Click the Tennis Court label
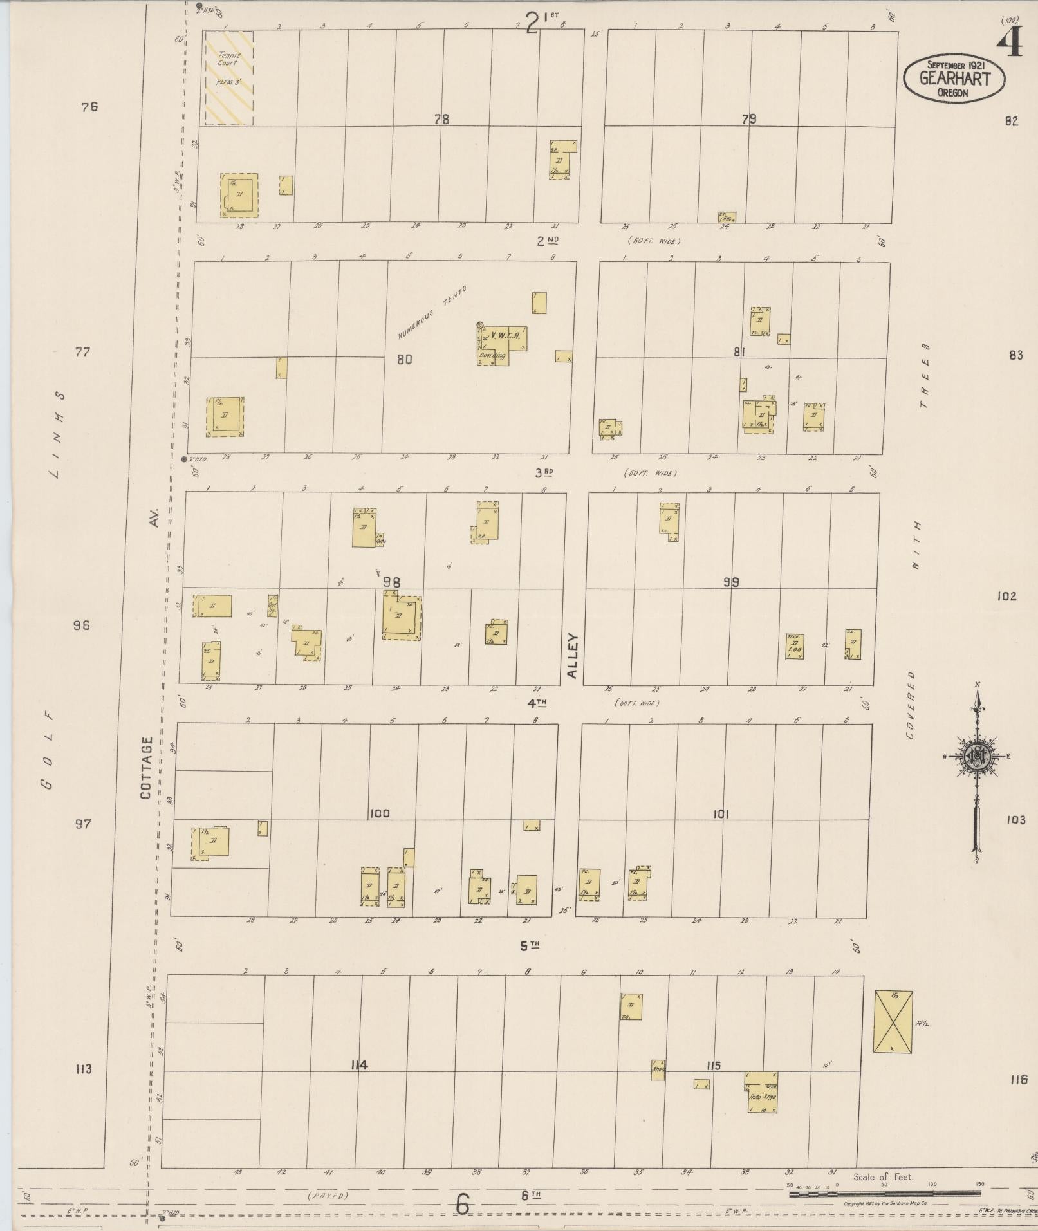click(x=228, y=59)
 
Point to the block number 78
click(x=441, y=119)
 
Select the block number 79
click(x=748, y=119)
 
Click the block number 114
click(x=359, y=1065)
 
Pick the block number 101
click(x=721, y=814)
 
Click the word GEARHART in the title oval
click(x=954, y=79)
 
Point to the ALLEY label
click(x=573, y=656)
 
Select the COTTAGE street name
click(x=146, y=768)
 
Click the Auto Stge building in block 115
click(x=762, y=1092)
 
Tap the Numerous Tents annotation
click(x=431, y=313)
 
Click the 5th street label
click(x=529, y=946)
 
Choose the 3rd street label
click(x=544, y=472)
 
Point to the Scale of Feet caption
click(x=884, y=1177)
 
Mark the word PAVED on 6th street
click(x=328, y=1196)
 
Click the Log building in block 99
click(x=795, y=647)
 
